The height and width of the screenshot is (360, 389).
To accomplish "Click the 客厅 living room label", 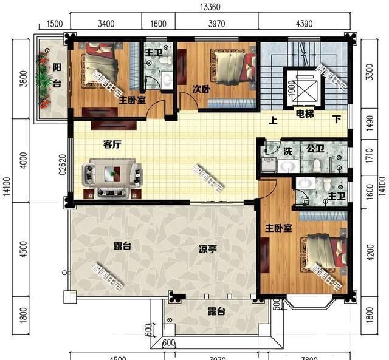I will point(112,144).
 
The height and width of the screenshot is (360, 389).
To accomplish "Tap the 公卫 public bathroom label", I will point(314,148).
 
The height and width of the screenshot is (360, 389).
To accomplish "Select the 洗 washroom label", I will point(289,150).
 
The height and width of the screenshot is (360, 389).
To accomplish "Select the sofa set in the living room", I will point(112,178).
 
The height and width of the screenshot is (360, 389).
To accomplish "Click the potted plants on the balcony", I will point(43,79).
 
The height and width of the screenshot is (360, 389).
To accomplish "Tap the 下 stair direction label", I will point(336,120).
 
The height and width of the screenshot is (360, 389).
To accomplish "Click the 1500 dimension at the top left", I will point(54,24).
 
